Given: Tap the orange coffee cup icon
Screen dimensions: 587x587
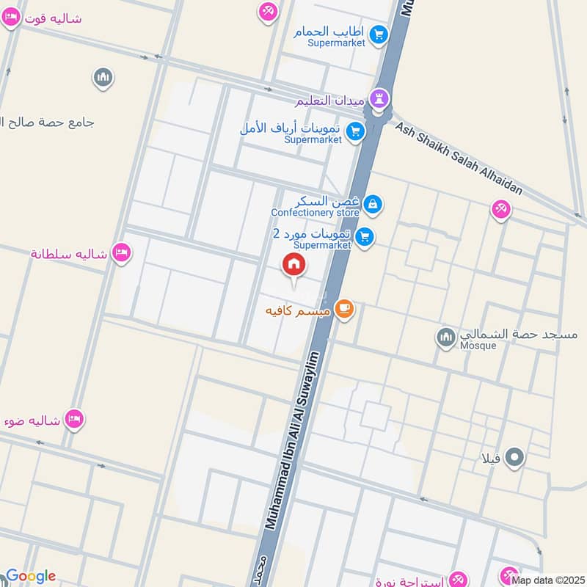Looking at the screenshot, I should (x=344, y=310).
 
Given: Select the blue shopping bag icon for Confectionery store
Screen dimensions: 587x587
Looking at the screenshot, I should (x=373, y=203).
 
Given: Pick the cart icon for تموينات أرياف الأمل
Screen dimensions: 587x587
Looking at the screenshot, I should (x=355, y=131).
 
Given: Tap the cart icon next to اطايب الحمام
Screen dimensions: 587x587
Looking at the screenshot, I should (x=379, y=34).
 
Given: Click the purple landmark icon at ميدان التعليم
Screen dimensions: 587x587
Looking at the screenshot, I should (x=379, y=98).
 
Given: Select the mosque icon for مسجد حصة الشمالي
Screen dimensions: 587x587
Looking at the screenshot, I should (x=445, y=338).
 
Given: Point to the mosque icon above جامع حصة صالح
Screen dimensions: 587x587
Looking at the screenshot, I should (x=103, y=77).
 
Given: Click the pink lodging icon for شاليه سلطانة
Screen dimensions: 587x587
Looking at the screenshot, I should (x=123, y=252).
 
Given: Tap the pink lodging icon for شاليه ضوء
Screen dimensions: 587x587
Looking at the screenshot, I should (x=74, y=419).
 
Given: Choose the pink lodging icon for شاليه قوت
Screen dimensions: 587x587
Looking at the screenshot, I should (x=11, y=18).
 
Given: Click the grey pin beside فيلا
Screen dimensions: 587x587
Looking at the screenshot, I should (x=516, y=459).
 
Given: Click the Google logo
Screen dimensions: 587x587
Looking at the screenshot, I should (x=30, y=576).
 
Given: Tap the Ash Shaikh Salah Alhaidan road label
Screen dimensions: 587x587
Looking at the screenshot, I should (x=459, y=158).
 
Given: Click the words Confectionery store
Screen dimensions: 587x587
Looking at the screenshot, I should (x=315, y=213).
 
